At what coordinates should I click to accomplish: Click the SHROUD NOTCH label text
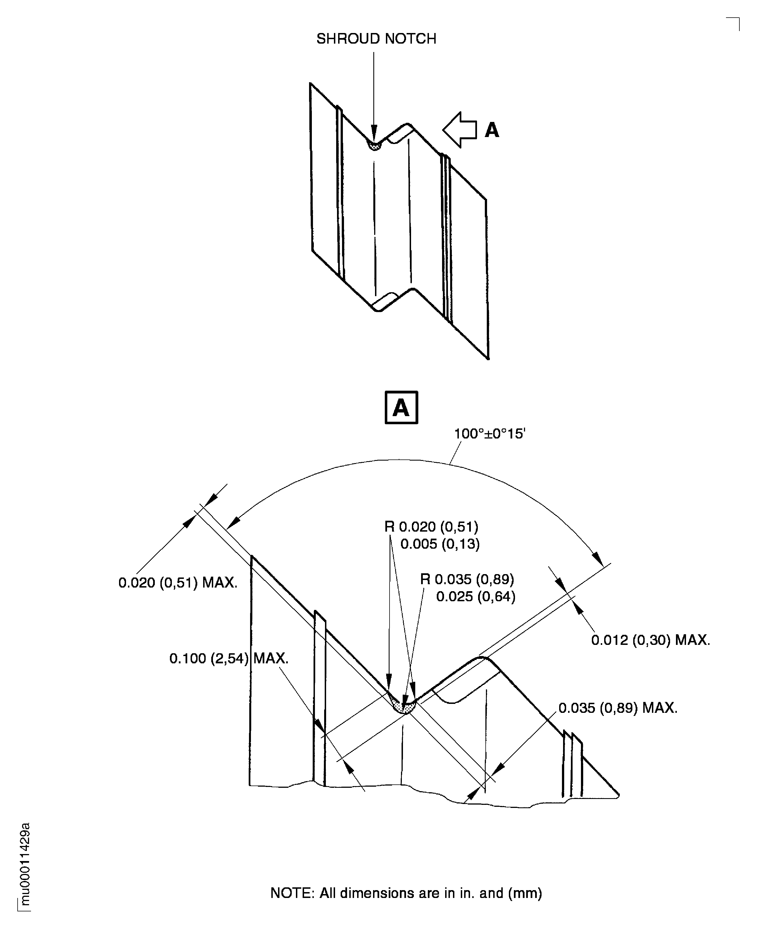376,39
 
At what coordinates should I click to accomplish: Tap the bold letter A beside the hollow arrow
492,130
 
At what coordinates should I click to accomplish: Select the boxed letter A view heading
401,407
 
